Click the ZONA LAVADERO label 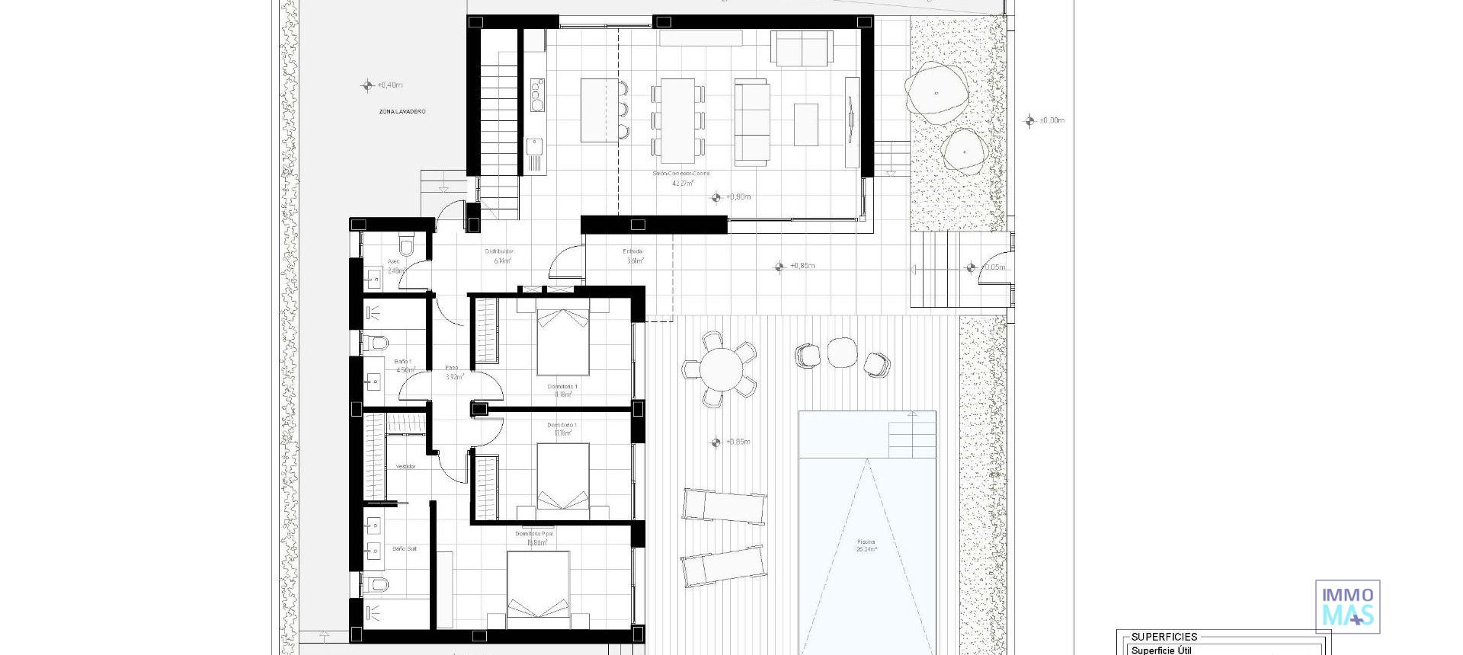click(x=402, y=112)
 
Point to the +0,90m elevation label click(x=738, y=197)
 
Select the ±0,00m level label click(x=1052, y=120)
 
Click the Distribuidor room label click(x=499, y=251)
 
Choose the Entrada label click(x=632, y=251)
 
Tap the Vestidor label click(x=405, y=467)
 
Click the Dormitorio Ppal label click(x=534, y=534)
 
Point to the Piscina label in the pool click(x=866, y=542)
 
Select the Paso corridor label click(x=452, y=367)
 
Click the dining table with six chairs click(x=677, y=120)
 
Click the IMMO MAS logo click(x=1347, y=606)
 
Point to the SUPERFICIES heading click(x=1164, y=637)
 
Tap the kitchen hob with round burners click(x=537, y=95)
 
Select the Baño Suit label click(x=405, y=548)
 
